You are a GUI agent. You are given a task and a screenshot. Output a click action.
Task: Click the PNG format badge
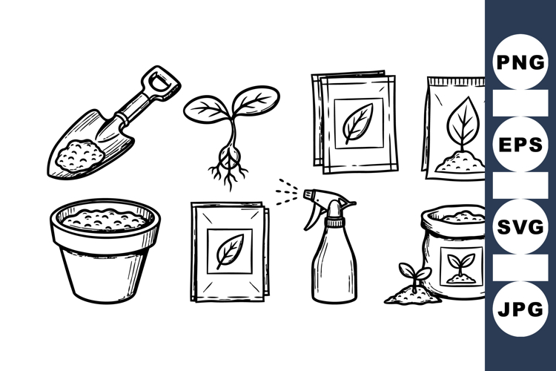click(x=520, y=62)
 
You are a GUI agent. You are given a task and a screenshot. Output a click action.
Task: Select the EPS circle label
click(x=520, y=144)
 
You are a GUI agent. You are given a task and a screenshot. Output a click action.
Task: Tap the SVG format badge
click(x=520, y=226)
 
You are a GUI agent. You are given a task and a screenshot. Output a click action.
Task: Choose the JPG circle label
click(x=520, y=309)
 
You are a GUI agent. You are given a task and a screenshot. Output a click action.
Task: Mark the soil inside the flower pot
click(x=105, y=219)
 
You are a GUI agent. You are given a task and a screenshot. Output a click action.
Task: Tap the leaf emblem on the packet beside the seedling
click(x=359, y=122)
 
